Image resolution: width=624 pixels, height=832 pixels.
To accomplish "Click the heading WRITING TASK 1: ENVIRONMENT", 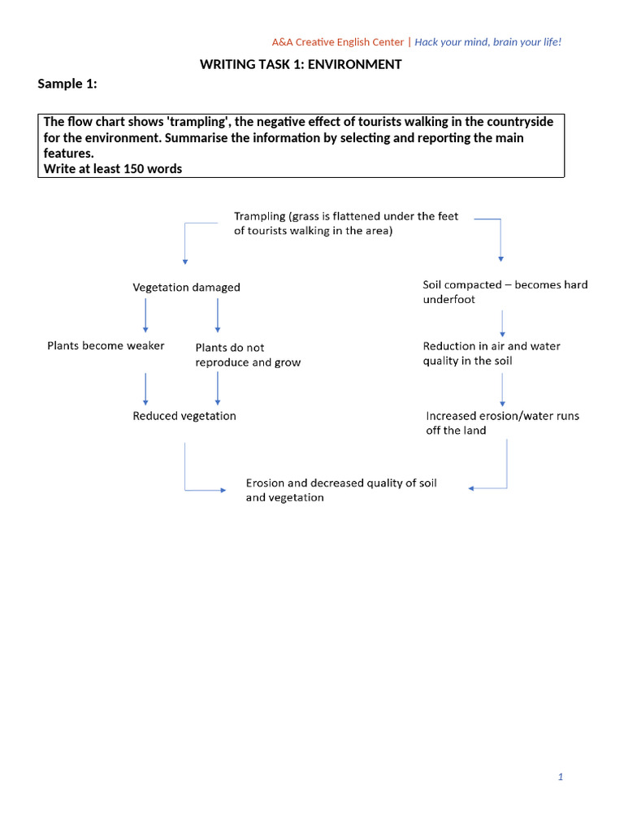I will [x=301, y=64].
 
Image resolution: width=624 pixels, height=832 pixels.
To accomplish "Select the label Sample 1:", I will [x=67, y=84].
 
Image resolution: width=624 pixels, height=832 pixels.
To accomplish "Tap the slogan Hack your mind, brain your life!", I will [x=488, y=41].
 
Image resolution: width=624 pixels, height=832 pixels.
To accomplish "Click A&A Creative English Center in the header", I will [x=337, y=41].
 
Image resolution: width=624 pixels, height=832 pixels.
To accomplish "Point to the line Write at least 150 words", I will [x=112, y=169].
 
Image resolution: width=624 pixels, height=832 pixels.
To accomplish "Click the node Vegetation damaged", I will [x=186, y=287].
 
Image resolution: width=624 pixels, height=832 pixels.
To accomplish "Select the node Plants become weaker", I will [x=106, y=345].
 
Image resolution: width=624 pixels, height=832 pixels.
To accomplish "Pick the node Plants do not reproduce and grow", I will [x=248, y=355].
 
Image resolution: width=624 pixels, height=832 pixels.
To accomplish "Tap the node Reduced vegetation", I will [x=184, y=415].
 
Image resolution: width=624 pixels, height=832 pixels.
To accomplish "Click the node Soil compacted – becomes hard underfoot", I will [x=505, y=292].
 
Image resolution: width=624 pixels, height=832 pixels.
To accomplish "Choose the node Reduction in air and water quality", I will [x=491, y=353].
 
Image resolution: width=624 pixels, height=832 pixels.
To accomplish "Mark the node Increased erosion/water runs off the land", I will [x=502, y=422].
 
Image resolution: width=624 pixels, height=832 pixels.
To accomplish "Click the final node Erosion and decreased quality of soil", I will [x=340, y=490].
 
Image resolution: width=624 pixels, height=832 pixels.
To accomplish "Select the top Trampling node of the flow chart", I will [x=346, y=223].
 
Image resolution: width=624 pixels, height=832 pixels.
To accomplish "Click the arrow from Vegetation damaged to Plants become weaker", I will [x=145, y=315].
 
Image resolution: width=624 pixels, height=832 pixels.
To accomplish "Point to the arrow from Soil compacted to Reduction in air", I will [x=503, y=323].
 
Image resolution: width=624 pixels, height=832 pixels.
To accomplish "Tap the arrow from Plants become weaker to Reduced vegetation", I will [x=145, y=388].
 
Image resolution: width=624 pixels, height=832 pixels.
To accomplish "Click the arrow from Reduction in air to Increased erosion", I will [x=503, y=389].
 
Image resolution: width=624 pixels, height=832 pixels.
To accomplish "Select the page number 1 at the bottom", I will [x=561, y=777].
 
